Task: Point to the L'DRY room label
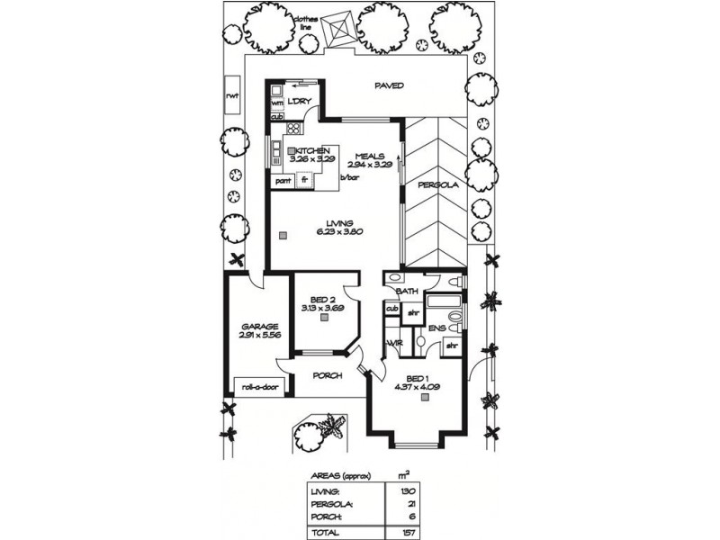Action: pyautogui.click(x=299, y=101)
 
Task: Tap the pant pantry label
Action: pyautogui.click(x=283, y=180)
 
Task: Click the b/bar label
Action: pyautogui.click(x=349, y=178)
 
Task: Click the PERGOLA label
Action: pyautogui.click(x=437, y=185)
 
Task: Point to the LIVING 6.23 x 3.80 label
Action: pyautogui.click(x=334, y=227)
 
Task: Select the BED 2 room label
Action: pyautogui.click(x=321, y=299)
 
